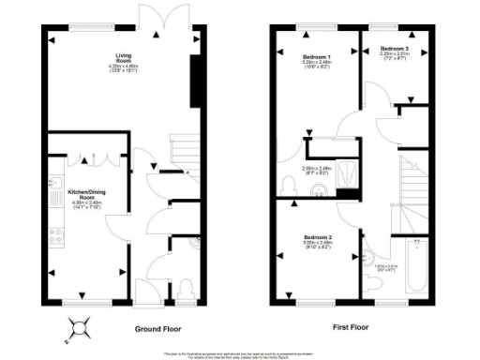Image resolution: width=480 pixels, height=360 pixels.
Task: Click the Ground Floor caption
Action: tap(157, 329)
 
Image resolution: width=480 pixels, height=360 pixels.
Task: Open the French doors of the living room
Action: tap(152, 16)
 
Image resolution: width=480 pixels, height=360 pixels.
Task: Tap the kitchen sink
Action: tap(54, 185)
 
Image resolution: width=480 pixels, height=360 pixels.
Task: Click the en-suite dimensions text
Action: tap(317, 170)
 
